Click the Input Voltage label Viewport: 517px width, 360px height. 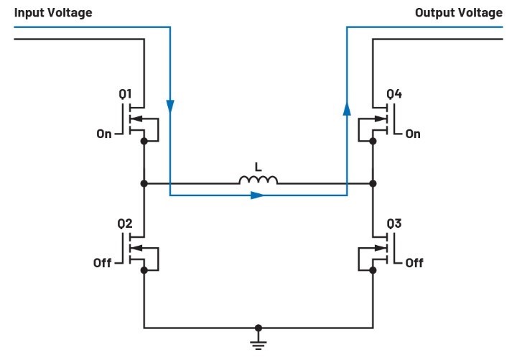53,13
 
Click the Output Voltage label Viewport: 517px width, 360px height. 459,13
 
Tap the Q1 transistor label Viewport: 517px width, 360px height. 125,94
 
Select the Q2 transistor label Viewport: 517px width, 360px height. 125,223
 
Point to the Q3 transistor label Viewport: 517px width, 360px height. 394,223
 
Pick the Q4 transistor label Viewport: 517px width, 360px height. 394,94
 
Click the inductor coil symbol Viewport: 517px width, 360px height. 258,180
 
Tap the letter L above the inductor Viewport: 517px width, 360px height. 258,167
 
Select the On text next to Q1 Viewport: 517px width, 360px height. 104,134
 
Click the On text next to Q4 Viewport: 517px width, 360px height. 413,134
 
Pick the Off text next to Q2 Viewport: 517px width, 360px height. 102,263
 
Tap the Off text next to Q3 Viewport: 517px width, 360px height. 414,263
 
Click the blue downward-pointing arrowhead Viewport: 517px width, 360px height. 170,106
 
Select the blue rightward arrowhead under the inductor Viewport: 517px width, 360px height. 257,195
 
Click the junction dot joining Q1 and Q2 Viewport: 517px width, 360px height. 144,183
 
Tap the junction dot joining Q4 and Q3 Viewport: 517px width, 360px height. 373,183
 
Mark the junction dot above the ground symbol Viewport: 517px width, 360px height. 258,328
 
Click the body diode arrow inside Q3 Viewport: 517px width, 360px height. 381,248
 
